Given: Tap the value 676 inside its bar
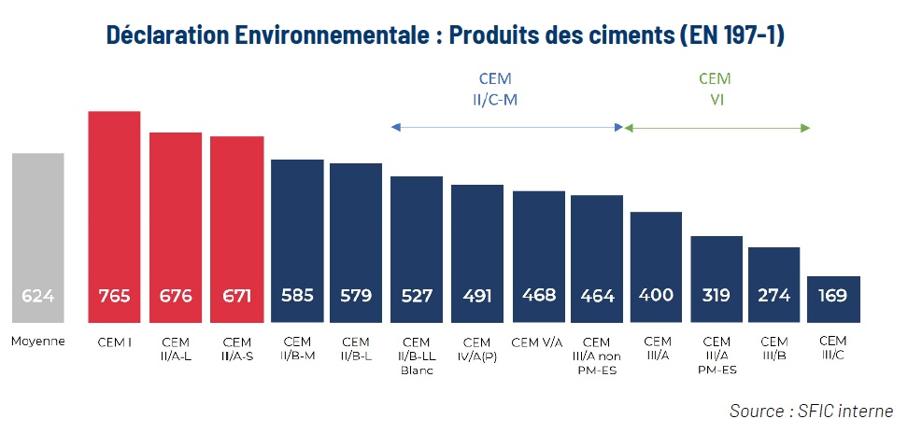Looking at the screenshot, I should [176, 297].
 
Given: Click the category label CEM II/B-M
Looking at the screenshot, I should [297, 348].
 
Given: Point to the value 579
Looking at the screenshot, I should [356, 297].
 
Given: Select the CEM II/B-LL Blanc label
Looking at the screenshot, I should [417, 356].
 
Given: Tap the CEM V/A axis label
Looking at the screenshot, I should [538, 342].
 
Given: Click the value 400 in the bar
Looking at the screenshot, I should [658, 297].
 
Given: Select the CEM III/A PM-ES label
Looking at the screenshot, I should [716, 356].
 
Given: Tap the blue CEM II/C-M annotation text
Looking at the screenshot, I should [495, 88].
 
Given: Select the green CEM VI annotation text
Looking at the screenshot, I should [715, 88].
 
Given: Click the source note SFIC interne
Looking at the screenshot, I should [811, 411].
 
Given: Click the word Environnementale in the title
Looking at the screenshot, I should [313, 35].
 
